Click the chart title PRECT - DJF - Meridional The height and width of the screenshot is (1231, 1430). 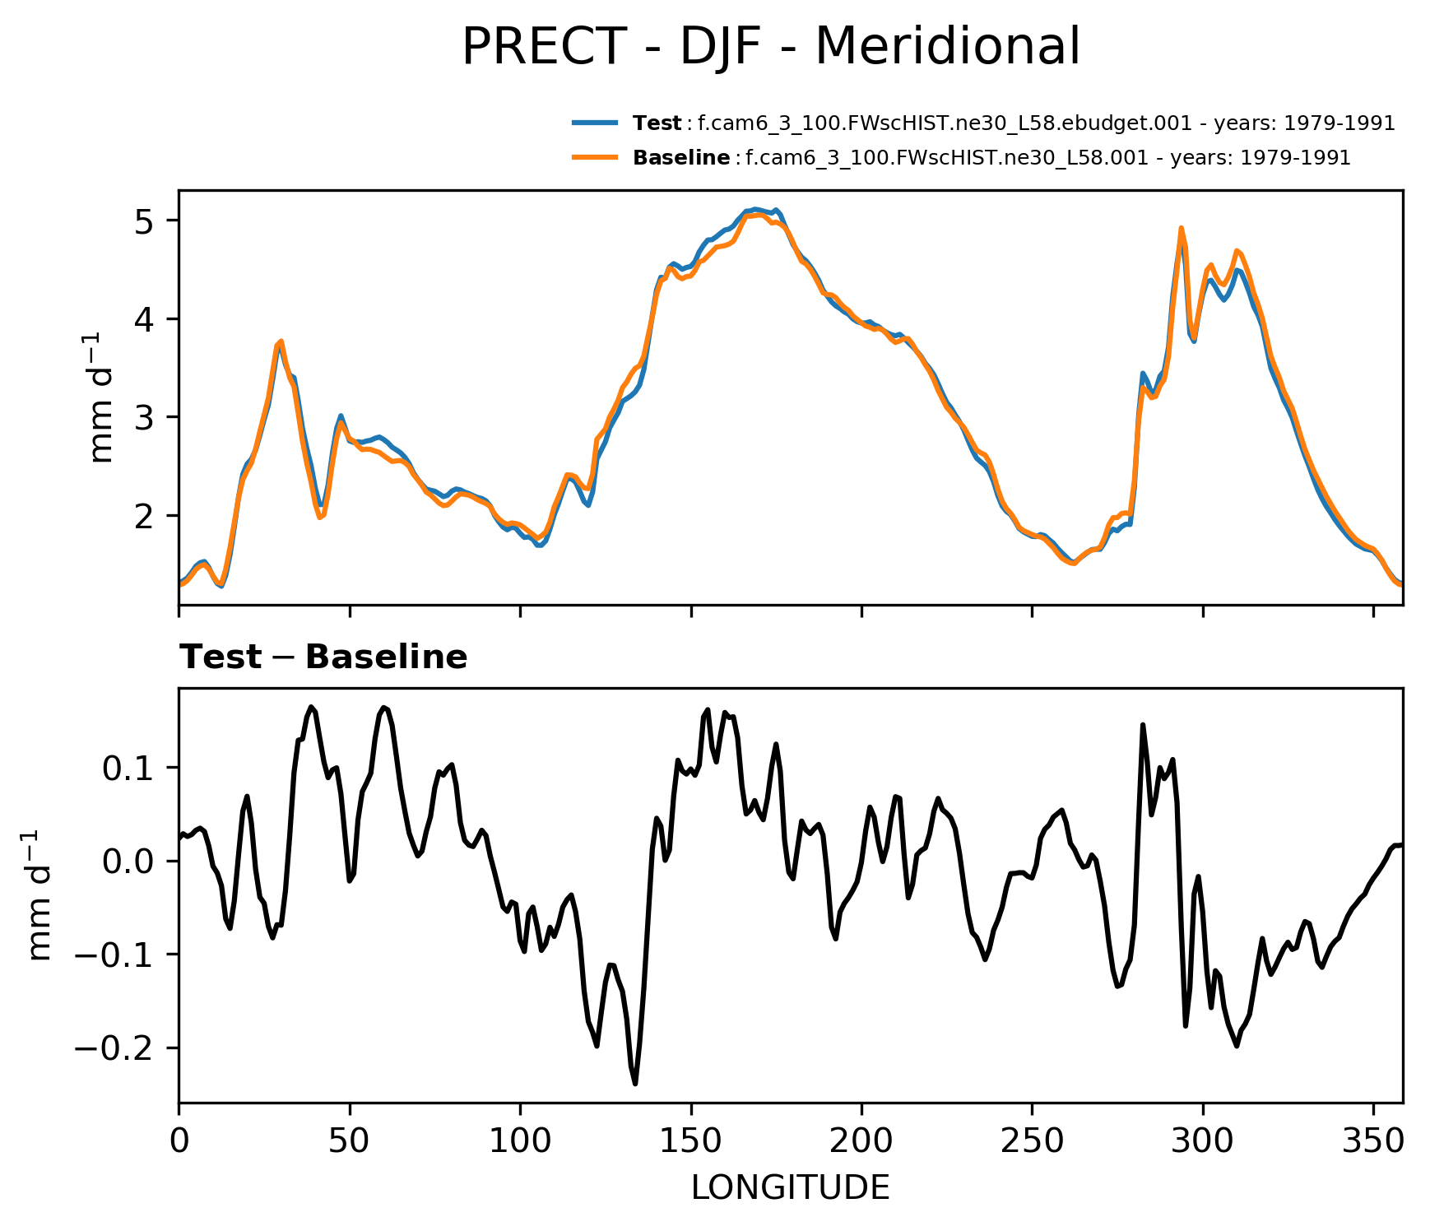(x=770, y=47)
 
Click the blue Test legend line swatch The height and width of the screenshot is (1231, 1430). (x=595, y=123)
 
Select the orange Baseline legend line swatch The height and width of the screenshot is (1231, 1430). (x=595, y=157)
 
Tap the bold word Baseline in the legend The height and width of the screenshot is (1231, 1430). (x=681, y=158)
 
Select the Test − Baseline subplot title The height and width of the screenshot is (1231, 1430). (x=323, y=657)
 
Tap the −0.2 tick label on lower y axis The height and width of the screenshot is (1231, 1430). (x=120, y=1049)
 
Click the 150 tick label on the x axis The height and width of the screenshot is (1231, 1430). (x=691, y=1140)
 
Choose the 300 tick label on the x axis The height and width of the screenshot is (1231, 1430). (x=1203, y=1140)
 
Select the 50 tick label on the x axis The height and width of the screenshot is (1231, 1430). (x=350, y=1140)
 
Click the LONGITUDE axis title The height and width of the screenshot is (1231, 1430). (x=790, y=1187)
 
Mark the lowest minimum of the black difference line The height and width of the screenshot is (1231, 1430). (x=635, y=1084)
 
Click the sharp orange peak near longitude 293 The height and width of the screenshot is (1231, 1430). (x=1181, y=228)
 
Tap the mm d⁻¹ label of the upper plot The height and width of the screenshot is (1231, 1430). (x=102, y=397)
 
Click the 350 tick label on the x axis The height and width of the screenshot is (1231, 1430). (x=1373, y=1140)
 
